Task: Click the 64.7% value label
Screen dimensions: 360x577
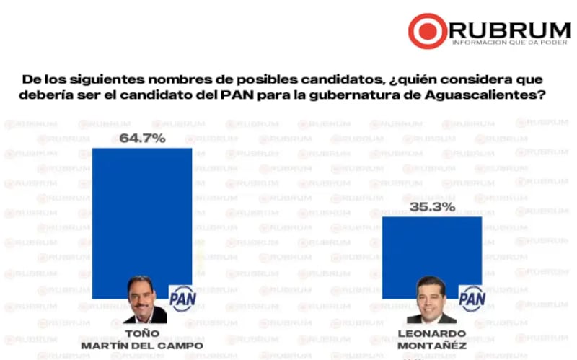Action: click(x=142, y=138)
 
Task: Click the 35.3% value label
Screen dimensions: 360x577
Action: click(x=432, y=207)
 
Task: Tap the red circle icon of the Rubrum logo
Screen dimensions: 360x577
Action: click(x=427, y=31)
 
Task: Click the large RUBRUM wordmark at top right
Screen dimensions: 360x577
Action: click(x=509, y=30)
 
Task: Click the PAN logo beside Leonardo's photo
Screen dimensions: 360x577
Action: click(x=472, y=297)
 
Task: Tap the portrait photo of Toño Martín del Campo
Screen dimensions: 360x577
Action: click(x=147, y=299)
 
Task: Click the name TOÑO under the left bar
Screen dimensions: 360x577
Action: click(x=142, y=334)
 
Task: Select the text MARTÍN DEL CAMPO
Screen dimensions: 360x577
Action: click(x=142, y=346)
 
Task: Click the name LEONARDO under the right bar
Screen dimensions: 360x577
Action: click(x=431, y=334)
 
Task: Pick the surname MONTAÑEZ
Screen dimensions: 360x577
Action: click(x=431, y=346)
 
